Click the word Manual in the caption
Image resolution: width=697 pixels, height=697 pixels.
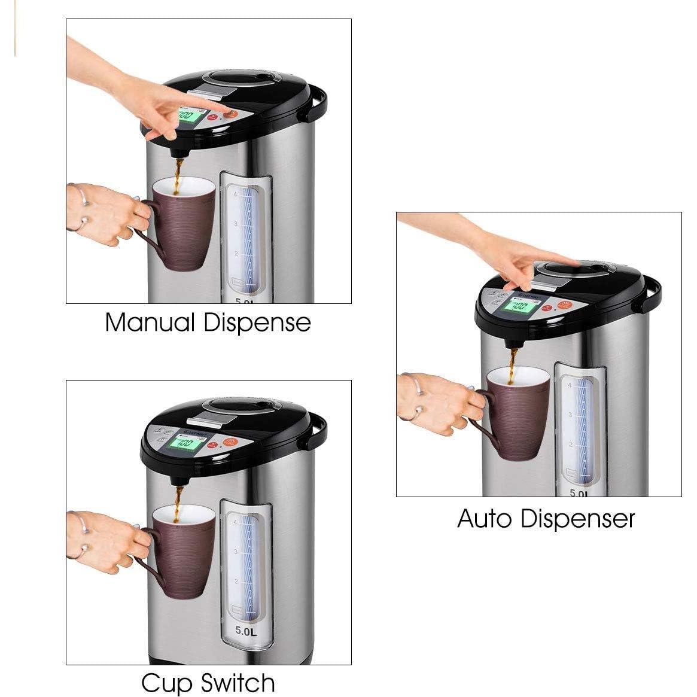(x=151, y=322)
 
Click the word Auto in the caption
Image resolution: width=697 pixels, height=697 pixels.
(x=485, y=518)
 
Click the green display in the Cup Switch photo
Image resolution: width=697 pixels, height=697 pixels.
(x=186, y=445)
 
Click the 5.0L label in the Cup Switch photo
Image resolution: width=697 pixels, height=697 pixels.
(x=246, y=630)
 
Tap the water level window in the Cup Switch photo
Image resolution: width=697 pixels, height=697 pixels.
(x=246, y=556)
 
